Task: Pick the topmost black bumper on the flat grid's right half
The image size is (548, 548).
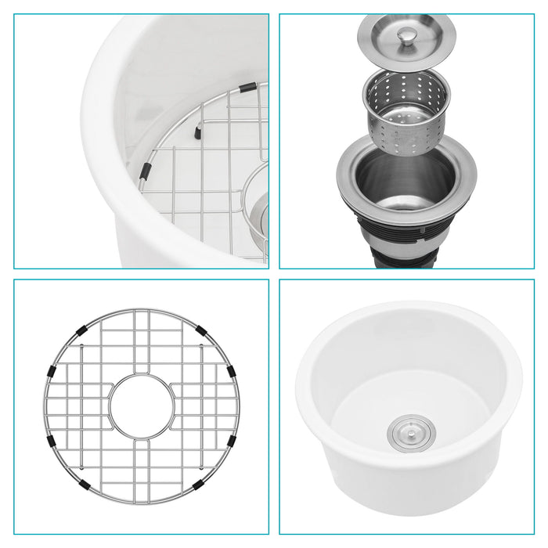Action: pyautogui.click(x=201, y=330)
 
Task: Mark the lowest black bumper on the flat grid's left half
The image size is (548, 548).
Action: pyautogui.click(x=84, y=485)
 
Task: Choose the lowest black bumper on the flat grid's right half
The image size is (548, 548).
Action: pyautogui.click(x=199, y=485)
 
